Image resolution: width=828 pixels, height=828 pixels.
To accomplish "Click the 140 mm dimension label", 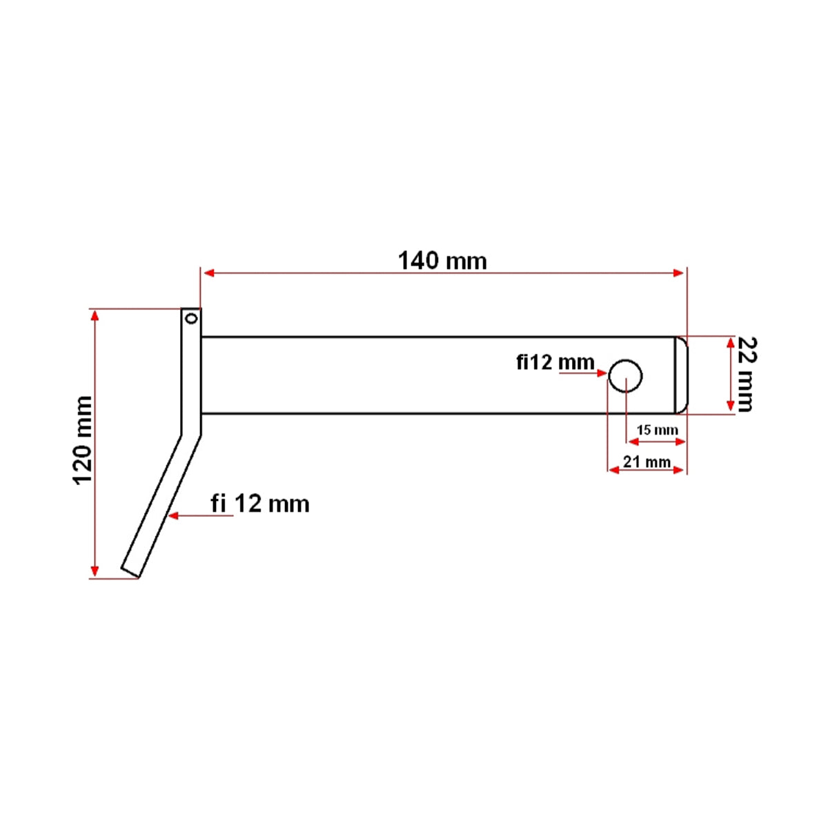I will point(442,261).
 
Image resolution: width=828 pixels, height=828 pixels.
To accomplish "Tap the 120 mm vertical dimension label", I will point(83,440).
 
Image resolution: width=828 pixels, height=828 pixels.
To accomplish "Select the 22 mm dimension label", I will point(745,374).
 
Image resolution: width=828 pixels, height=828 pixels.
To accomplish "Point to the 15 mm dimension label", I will point(657,430).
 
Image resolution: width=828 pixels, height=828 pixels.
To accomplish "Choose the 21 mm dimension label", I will point(647,461).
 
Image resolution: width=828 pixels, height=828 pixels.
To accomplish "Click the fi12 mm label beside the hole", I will point(555,362).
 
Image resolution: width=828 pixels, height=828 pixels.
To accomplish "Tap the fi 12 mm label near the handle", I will point(260,504).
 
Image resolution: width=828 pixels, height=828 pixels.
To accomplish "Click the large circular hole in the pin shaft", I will point(625,376).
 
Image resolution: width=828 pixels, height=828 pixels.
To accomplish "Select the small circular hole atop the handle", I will point(191,318).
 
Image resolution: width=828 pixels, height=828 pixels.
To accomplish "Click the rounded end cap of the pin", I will point(681,375).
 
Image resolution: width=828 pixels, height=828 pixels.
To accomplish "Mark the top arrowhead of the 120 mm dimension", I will point(95,315).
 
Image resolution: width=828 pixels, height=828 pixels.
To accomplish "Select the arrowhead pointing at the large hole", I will point(601,373).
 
